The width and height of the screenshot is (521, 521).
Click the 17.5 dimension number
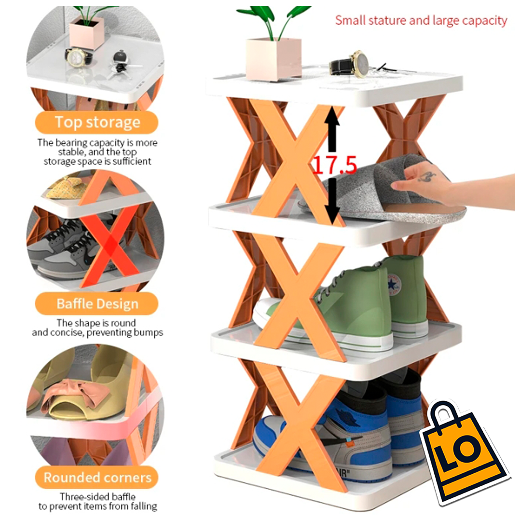coord(335,165)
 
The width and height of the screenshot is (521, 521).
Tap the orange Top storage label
coord(97,123)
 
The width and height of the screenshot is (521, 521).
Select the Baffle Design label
coord(97,304)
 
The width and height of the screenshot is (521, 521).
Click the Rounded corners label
coord(97,478)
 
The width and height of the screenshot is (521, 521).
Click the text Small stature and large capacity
coord(421,20)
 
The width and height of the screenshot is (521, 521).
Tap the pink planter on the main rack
coord(274,58)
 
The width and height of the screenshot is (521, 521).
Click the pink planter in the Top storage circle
coord(87,33)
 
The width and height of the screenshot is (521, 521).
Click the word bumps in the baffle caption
coord(148,332)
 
